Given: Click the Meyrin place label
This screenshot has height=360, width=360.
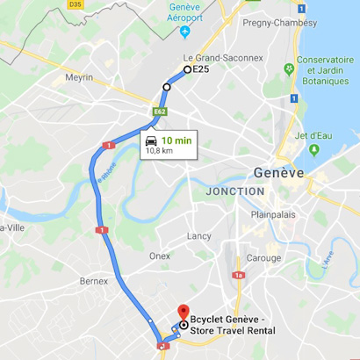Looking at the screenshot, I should coord(78,77).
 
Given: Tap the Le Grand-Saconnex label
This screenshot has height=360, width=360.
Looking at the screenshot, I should coord(222,58).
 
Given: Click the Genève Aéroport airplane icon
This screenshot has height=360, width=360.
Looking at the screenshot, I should coord(184,32).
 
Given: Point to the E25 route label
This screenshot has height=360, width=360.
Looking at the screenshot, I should coord(201,69).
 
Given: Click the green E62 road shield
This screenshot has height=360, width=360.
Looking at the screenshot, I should coord(159,112).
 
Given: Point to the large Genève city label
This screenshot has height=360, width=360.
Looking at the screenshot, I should coord(278,173).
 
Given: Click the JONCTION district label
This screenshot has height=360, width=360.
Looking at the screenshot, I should coord(234,191).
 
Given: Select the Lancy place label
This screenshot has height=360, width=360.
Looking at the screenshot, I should coord(198,235).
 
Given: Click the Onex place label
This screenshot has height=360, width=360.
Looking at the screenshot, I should coord(159,256).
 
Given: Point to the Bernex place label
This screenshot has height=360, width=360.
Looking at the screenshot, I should coord(93,281).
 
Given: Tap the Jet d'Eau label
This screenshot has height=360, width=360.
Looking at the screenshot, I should coord(313,136).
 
